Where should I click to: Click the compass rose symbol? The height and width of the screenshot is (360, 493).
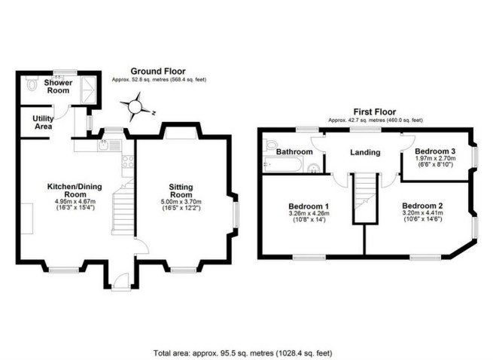[x=136, y=107]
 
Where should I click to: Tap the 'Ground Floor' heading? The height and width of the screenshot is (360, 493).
[x=158, y=72]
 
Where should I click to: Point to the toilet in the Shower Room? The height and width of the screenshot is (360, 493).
[x=30, y=85]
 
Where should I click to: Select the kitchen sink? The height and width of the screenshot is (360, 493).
[x=103, y=146]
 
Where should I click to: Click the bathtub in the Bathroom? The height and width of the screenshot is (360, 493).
[x=284, y=163]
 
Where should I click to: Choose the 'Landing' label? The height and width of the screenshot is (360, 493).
[x=364, y=153]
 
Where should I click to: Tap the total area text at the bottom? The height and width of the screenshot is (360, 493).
[x=242, y=352]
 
